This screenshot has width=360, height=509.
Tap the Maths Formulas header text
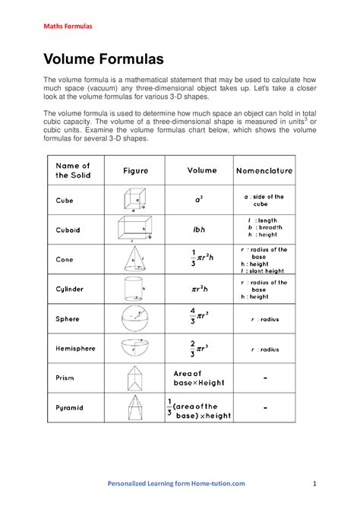(x=67, y=27)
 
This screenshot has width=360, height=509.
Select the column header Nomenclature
(x=264, y=171)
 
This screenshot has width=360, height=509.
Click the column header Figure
(x=136, y=171)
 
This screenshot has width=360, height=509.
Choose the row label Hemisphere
(x=75, y=348)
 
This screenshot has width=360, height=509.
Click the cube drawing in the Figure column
(x=134, y=201)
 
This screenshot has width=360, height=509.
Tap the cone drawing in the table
(x=134, y=260)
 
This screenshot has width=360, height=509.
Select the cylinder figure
(x=134, y=289)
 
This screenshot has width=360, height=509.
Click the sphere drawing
(x=134, y=318)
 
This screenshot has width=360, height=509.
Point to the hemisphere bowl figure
(x=134, y=348)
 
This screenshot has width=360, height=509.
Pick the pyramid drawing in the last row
(x=134, y=408)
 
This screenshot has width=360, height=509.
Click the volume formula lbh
(x=199, y=229)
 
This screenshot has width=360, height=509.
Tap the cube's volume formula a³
(x=199, y=200)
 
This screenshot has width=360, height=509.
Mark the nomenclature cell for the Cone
(x=264, y=260)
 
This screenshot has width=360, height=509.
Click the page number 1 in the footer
(x=314, y=483)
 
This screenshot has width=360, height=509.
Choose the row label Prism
(x=65, y=378)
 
